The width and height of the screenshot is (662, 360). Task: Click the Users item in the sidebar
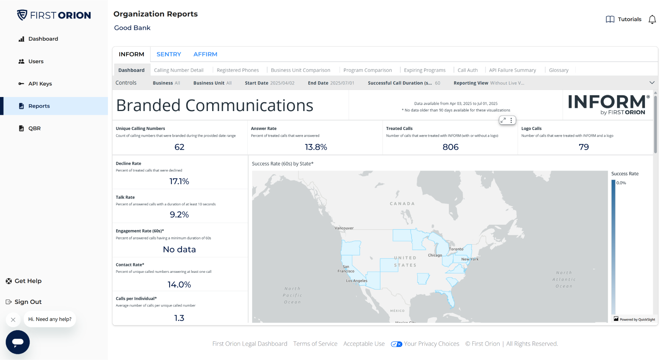tap(36, 61)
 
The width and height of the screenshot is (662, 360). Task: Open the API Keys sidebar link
tap(40, 84)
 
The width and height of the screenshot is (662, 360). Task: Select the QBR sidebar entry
tap(34, 128)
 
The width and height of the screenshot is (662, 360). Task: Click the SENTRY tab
tap(169, 54)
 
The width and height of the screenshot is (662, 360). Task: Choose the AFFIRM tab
tap(205, 54)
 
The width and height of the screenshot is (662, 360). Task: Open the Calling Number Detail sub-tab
tap(178, 70)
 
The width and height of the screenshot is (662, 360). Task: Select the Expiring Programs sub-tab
tap(424, 70)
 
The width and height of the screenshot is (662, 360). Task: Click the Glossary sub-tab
tap(558, 70)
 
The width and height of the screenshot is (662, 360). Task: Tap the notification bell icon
tap(652, 19)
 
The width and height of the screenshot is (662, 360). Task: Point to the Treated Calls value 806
tap(450, 147)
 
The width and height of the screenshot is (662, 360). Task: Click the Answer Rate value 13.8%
tap(315, 147)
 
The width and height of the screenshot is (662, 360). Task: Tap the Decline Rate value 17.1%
tap(179, 182)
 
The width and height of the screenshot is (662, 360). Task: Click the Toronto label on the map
tap(456, 249)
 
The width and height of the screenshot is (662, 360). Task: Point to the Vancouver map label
tap(344, 228)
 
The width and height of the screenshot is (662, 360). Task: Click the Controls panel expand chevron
tap(651, 83)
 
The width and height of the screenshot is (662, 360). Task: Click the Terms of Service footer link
tap(315, 344)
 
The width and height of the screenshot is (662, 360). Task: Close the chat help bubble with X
tap(13, 319)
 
